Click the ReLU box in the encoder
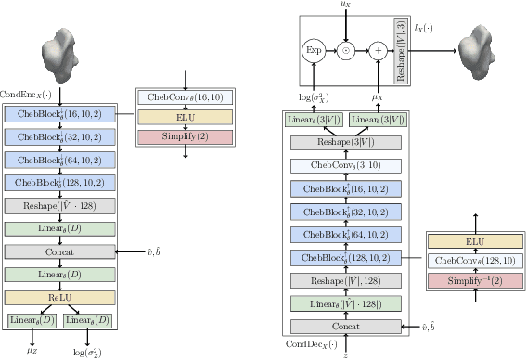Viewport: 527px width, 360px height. (60, 297)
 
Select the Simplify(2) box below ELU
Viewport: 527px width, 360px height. (186, 137)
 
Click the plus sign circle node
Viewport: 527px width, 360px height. (378, 51)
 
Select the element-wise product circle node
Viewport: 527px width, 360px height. (347, 51)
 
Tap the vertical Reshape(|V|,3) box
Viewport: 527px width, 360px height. (401, 51)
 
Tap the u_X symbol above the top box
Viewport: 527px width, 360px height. (346, 6)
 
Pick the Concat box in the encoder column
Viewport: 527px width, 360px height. (60, 251)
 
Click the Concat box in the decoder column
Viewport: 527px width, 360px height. (348, 326)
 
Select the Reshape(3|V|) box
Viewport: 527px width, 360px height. (348, 142)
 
